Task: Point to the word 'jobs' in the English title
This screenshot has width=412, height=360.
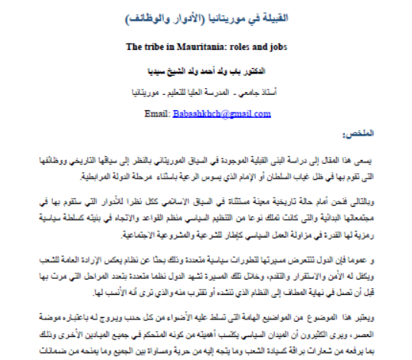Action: tap(279, 45)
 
